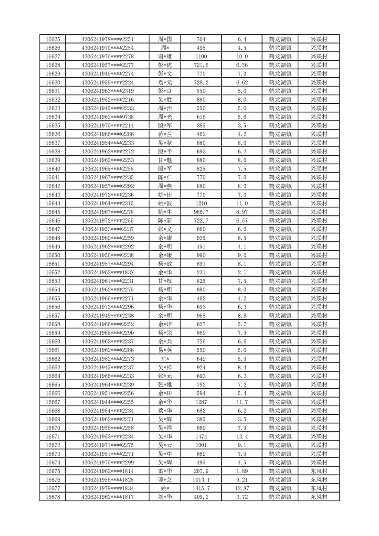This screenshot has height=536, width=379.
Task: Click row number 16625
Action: pyautogui.click(x=53, y=39)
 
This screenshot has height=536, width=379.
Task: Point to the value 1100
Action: pyautogui.click(x=201, y=56)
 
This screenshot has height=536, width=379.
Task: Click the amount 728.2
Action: pyautogui.click(x=201, y=82)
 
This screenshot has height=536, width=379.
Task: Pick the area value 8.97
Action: pyautogui.click(x=242, y=212)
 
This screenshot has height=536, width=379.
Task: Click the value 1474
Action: pyautogui.click(x=201, y=437)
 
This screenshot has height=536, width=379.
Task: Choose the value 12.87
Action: pyautogui.click(x=242, y=488)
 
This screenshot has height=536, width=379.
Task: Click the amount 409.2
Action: pyautogui.click(x=201, y=497)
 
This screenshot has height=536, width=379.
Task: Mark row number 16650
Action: pyautogui.click(x=53, y=255)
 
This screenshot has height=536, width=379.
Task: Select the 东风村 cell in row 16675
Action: pyautogui.click(x=318, y=471)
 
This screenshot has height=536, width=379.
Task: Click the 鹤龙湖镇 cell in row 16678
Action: pyautogui.click(x=280, y=497)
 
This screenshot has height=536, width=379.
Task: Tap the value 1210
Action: pyautogui.click(x=201, y=204)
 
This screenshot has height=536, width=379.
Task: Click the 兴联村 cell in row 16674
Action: pyautogui.click(x=318, y=462)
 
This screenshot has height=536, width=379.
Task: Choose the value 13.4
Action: pyautogui.click(x=242, y=437)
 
